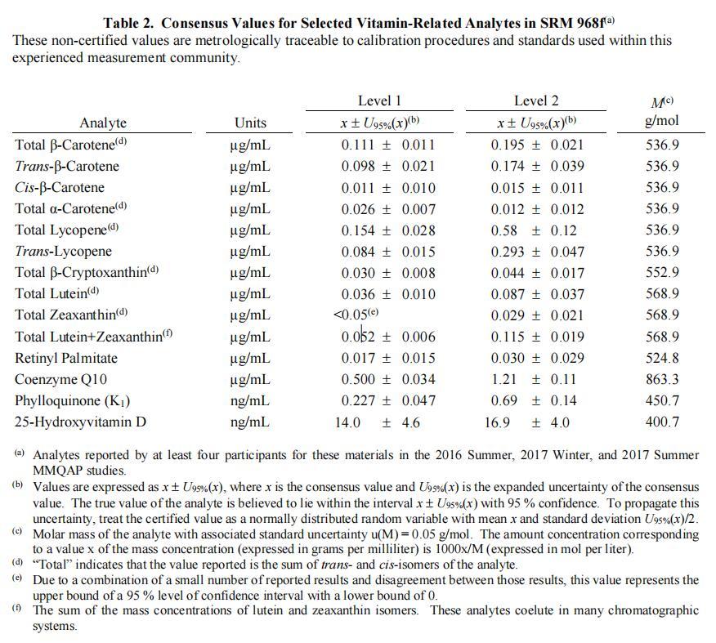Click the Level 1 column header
pos(379,100)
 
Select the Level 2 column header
pos(536,100)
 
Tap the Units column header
pos(250,123)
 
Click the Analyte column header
pos(103,123)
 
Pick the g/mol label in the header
pos(662,122)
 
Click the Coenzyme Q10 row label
pos(61,379)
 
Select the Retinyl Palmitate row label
pos(66,358)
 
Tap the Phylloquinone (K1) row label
pos(73,400)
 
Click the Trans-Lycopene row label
pos(64,251)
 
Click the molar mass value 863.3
pos(662,379)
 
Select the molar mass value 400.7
pos(662,422)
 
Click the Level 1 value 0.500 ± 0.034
pos(388,379)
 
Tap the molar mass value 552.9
pos(662,272)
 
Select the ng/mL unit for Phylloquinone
pos(250,400)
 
